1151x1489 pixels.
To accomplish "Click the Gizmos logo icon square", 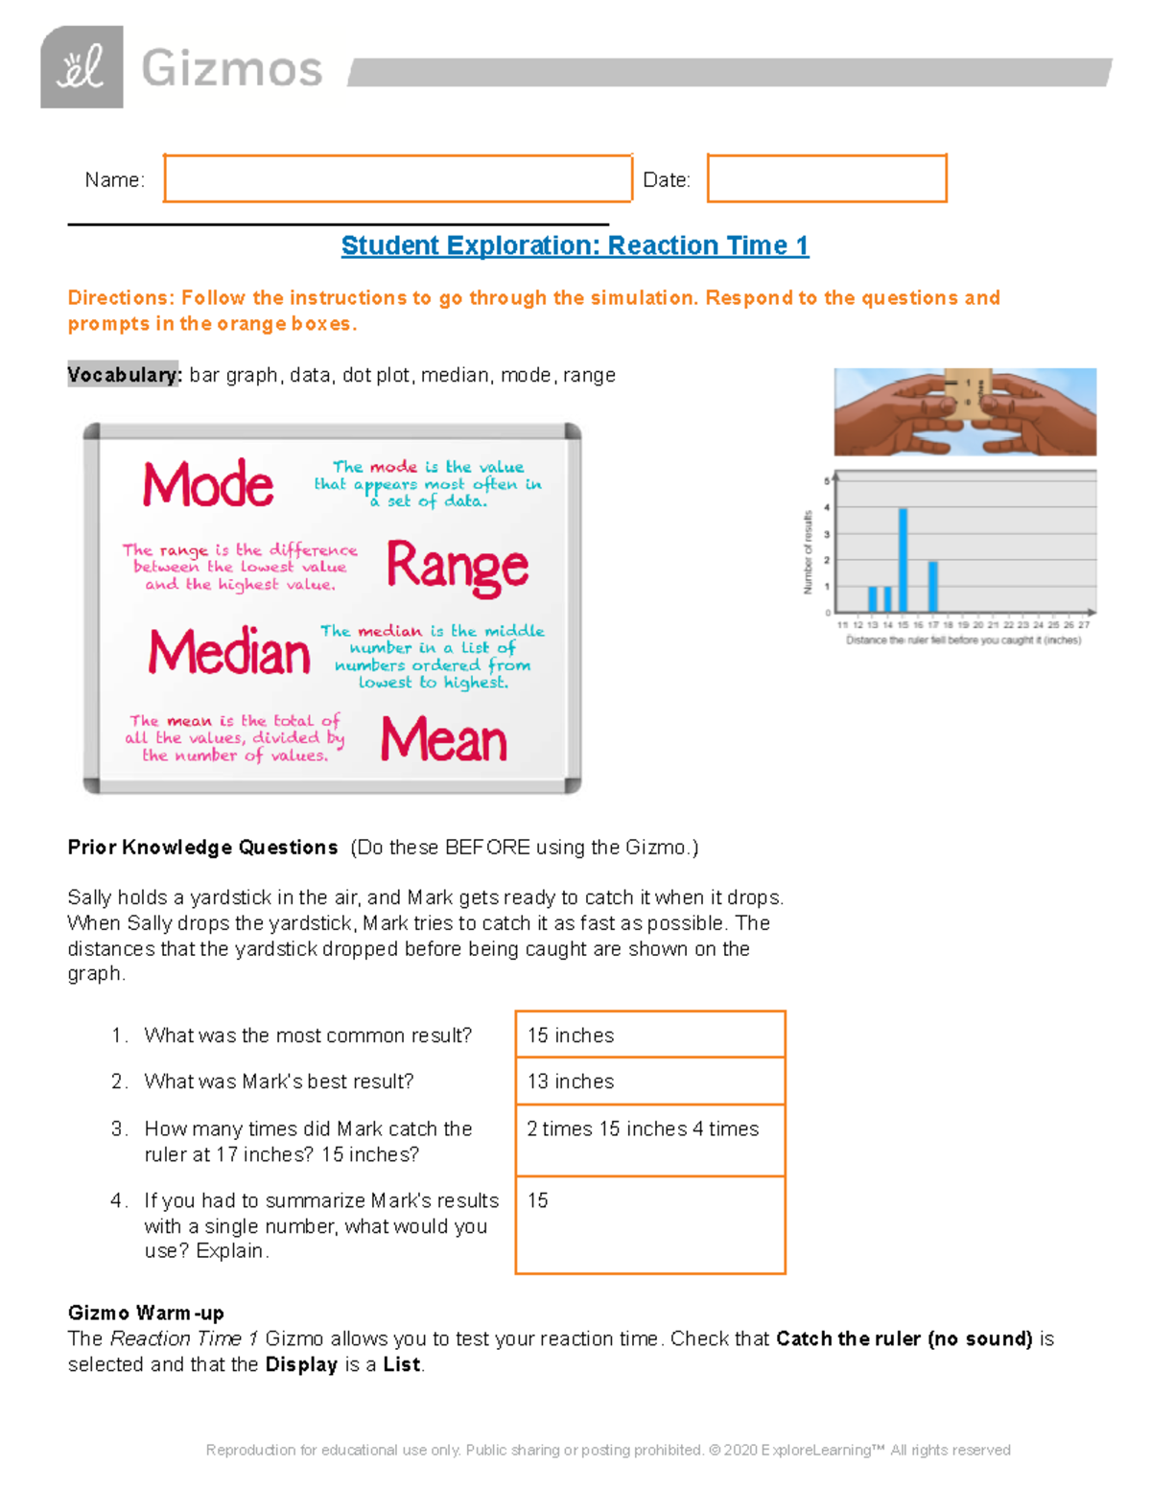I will pos(82,67).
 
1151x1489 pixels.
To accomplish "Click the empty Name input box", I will pos(397,178).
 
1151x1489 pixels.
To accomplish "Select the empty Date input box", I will pos(826,178).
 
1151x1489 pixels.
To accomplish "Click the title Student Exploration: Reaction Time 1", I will pos(575,245).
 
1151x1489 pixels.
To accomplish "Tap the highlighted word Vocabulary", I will pos(124,375).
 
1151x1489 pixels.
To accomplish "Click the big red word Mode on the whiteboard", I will pos(208,484).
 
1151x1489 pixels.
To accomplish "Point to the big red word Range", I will pos(457,567).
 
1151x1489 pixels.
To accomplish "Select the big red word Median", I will pos(229,653).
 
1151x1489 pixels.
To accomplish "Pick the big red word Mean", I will pos(443,740).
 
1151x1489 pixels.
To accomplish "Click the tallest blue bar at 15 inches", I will pos(903,560).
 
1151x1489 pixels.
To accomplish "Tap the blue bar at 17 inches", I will pos(933,587).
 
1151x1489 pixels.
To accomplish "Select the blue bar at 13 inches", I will pos(873,599).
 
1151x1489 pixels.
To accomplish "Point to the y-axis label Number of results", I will pos(808,552).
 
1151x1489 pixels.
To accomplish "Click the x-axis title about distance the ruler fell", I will pos(963,640).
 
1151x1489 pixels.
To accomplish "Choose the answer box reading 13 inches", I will pos(649,1082).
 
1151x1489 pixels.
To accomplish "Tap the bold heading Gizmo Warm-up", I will pos(146,1313).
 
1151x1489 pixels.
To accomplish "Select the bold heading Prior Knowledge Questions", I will pos(202,848).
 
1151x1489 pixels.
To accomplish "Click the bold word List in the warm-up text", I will pos(401,1364).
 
